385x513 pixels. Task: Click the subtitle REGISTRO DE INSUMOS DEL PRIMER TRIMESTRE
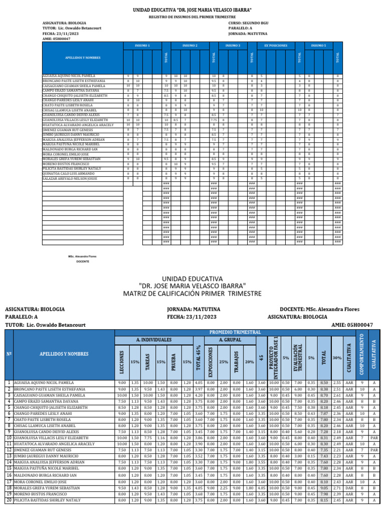coord(192,17)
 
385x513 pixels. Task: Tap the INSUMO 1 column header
coord(142,46)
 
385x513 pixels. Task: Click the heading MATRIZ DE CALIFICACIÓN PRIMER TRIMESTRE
coord(191,293)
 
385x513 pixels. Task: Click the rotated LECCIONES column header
coord(122,361)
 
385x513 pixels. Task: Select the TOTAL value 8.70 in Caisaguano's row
coord(324,395)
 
